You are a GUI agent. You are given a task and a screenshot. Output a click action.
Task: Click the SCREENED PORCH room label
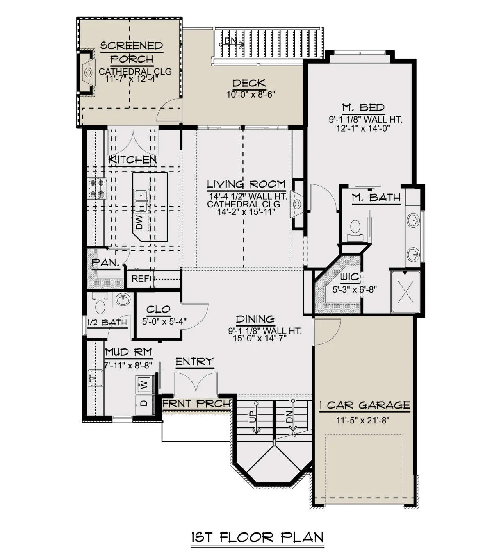[132, 52]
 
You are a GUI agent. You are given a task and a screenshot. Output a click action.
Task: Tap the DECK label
[249, 83]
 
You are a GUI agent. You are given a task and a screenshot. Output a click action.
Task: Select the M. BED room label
[363, 107]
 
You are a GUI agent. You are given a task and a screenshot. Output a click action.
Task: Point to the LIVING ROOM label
[246, 184]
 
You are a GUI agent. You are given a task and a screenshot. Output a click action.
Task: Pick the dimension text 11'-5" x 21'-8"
[363, 421]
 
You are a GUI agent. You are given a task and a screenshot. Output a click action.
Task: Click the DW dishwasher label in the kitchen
[140, 222]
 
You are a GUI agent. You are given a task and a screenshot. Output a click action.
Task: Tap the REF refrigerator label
[141, 279]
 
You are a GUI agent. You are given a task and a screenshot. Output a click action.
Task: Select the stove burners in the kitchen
[97, 188]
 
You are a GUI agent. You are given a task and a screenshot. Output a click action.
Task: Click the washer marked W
[145, 384]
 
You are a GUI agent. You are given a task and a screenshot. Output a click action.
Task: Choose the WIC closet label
[349, 277]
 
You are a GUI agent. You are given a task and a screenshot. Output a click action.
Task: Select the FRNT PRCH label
[196, 404]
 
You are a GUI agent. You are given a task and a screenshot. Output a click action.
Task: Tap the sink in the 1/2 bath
[123, 299]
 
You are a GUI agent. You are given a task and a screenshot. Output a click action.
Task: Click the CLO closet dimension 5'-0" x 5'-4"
[164, 321]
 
